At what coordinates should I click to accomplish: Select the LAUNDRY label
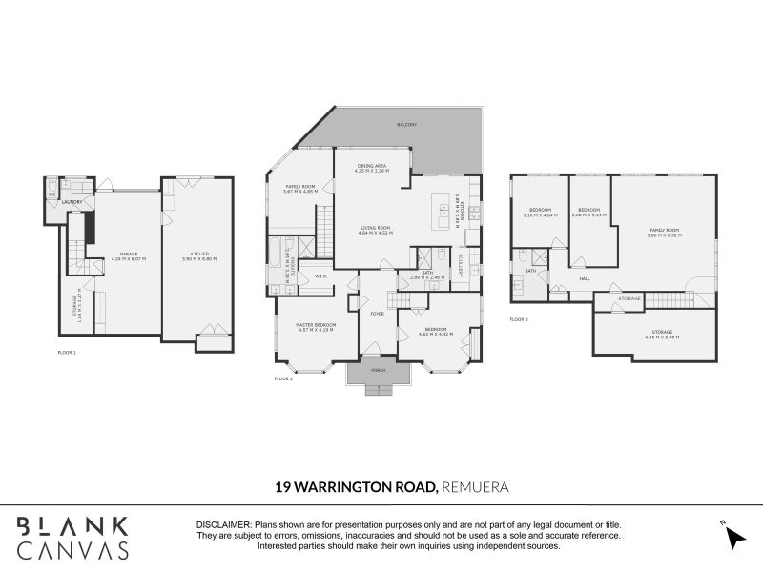[73, 202]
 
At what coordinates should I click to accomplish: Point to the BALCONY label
[407, 125]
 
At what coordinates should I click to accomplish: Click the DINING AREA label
[372, 168]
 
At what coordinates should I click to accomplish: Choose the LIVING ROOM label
[377, 227]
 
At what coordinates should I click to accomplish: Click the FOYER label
[377, 312]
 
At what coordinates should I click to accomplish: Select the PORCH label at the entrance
[378, 373]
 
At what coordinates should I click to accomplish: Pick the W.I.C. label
[321, 277]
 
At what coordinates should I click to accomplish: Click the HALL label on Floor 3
[585, 278]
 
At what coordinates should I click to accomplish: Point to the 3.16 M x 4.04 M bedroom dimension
[540, 215]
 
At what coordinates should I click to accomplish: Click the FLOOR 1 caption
[67, 352]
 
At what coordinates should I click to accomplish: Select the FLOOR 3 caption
[518, 318]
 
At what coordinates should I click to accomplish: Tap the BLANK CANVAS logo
[72, 537]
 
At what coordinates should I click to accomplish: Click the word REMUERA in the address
[475, 487]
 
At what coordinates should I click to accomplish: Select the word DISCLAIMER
[222, 525]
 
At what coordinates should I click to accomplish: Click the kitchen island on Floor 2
[442, 211]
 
